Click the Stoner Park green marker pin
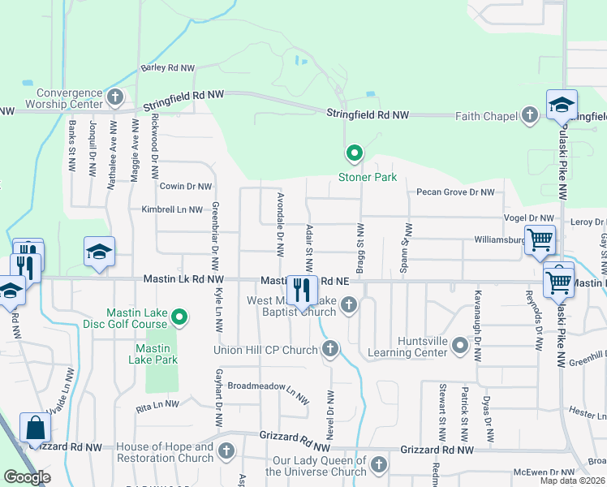coord(354,153)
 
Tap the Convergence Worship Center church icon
coord(115,98)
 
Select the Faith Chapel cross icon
coord(531,115)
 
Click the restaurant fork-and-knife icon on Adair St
coord(302,289)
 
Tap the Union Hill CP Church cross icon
coord(329,350)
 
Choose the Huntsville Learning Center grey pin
coord(460,347)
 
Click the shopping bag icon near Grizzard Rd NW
coord(37,427)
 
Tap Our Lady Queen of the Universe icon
coord(378,465)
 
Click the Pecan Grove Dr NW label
coord(455,192)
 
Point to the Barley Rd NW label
coord(169,68)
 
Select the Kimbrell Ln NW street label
coord(171,209)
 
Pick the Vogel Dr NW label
coord(529,218)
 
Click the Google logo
coord(27,477)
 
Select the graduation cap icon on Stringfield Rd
coord(562,106)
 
